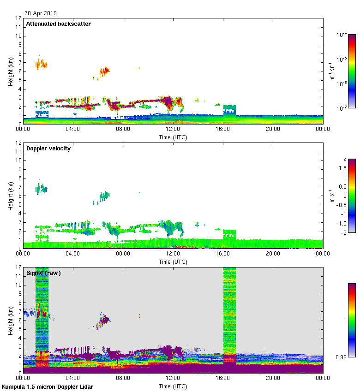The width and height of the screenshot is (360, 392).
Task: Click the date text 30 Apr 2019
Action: point(41,13)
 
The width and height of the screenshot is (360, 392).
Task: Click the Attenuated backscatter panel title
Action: point(58,24)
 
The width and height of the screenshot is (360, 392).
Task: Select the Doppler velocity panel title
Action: point(48,148)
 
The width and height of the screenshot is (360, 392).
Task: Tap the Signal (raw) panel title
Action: point(43,273)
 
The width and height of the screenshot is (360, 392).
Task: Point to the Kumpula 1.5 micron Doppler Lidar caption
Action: point(47,387)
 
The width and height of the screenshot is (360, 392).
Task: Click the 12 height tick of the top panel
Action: point(19,18)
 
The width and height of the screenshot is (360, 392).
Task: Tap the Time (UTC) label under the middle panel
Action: point(173,261)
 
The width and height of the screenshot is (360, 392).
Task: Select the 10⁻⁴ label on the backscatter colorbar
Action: point(342,35)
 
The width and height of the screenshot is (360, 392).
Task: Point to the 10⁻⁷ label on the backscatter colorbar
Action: point(342,108)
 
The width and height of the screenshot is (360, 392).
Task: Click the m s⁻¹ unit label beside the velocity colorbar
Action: point(331,196)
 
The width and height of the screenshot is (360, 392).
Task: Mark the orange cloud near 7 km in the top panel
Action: point(42,64)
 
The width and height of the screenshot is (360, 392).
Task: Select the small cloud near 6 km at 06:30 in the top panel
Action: point(104,71)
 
